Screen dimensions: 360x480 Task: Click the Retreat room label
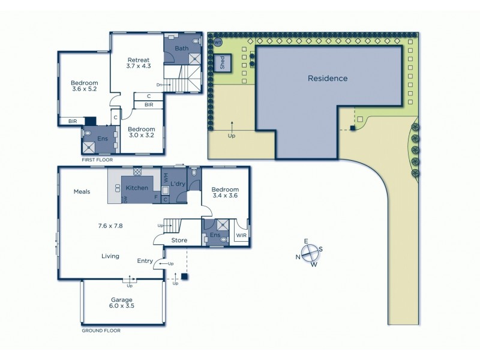(137, 60)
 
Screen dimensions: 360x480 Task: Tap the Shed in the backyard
(223, 63)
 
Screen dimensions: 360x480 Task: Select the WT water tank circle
(218, 43)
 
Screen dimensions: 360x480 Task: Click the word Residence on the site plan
(328, 79)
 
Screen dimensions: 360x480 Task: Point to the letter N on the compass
(298, 257)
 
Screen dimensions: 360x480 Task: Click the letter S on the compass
(320, 249)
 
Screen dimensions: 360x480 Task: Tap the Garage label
(121, 299)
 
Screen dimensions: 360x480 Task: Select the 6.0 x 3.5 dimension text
(121, 306)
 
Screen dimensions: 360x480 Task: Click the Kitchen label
(136, 188)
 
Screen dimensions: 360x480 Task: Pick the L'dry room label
(178, 184)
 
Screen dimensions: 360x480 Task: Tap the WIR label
(241, 236)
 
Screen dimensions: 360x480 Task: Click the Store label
(179, 241)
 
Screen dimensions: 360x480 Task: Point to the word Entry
(145, 260)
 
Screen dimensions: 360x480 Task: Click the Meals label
(82, 192)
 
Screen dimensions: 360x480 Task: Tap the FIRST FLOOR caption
(97, 160)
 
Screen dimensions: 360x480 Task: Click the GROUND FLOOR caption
(101, 331)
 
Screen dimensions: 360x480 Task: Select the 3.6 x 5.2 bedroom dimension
(84, 89)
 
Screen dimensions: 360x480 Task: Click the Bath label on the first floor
(181, 48)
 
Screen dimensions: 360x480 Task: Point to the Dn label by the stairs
(159, 85)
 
